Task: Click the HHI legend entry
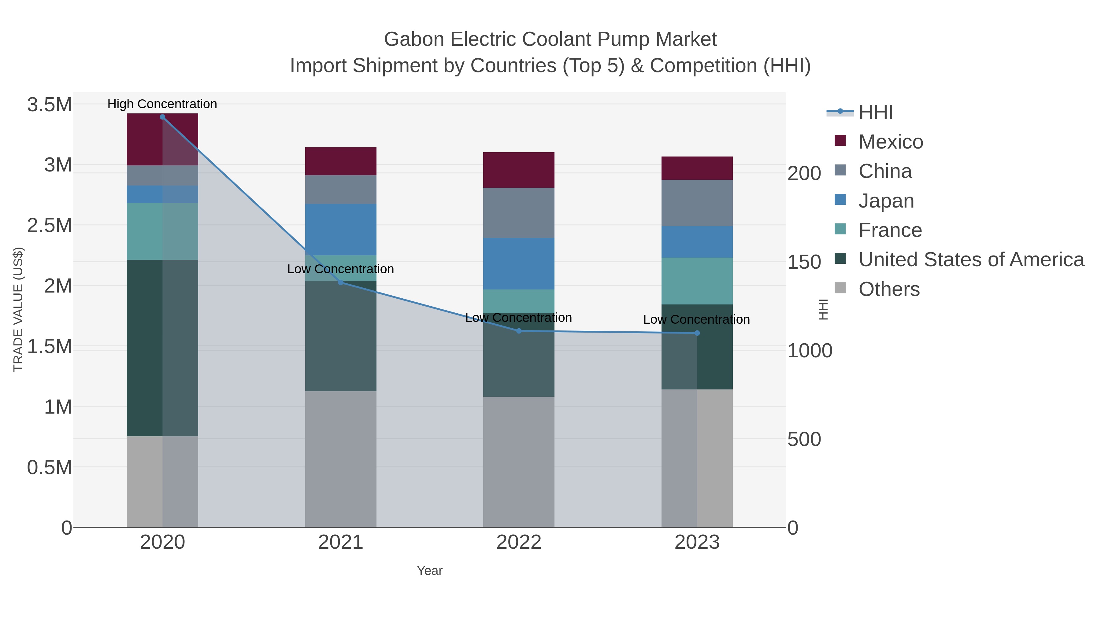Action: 875,112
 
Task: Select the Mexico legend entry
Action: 890,142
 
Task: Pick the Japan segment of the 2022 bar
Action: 518,263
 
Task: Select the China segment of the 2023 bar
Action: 697,203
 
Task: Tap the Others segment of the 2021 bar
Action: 341,459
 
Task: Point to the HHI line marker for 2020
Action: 162,117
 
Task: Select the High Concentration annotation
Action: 162,104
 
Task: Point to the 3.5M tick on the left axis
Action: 49,105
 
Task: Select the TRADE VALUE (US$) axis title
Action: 18,309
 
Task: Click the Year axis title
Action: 430,571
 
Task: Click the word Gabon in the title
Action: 414,39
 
